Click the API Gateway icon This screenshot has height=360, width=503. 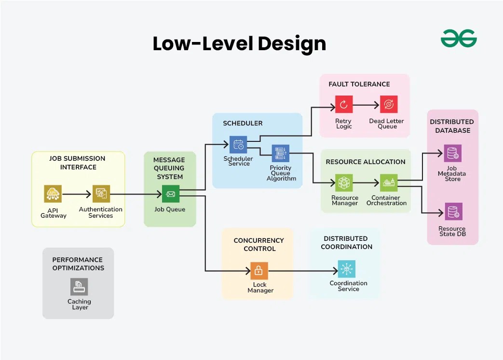53,194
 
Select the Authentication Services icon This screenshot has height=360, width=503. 101,194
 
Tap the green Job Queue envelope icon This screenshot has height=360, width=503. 171,194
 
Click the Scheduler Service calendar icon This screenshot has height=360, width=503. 238,144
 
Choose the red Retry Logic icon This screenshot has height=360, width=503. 344,104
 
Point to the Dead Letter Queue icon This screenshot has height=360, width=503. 388,104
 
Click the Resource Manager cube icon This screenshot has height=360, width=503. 344,183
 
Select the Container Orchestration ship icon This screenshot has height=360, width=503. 388,183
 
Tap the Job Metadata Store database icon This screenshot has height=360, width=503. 453,153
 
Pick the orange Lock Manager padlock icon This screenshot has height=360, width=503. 259,271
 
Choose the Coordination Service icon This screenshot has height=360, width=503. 346,269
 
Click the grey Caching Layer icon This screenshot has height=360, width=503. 79,287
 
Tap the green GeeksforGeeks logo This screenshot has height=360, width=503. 459,39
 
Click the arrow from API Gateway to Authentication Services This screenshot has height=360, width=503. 77,194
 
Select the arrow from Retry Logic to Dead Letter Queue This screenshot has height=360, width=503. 366,104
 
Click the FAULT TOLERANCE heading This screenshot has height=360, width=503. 359,84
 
